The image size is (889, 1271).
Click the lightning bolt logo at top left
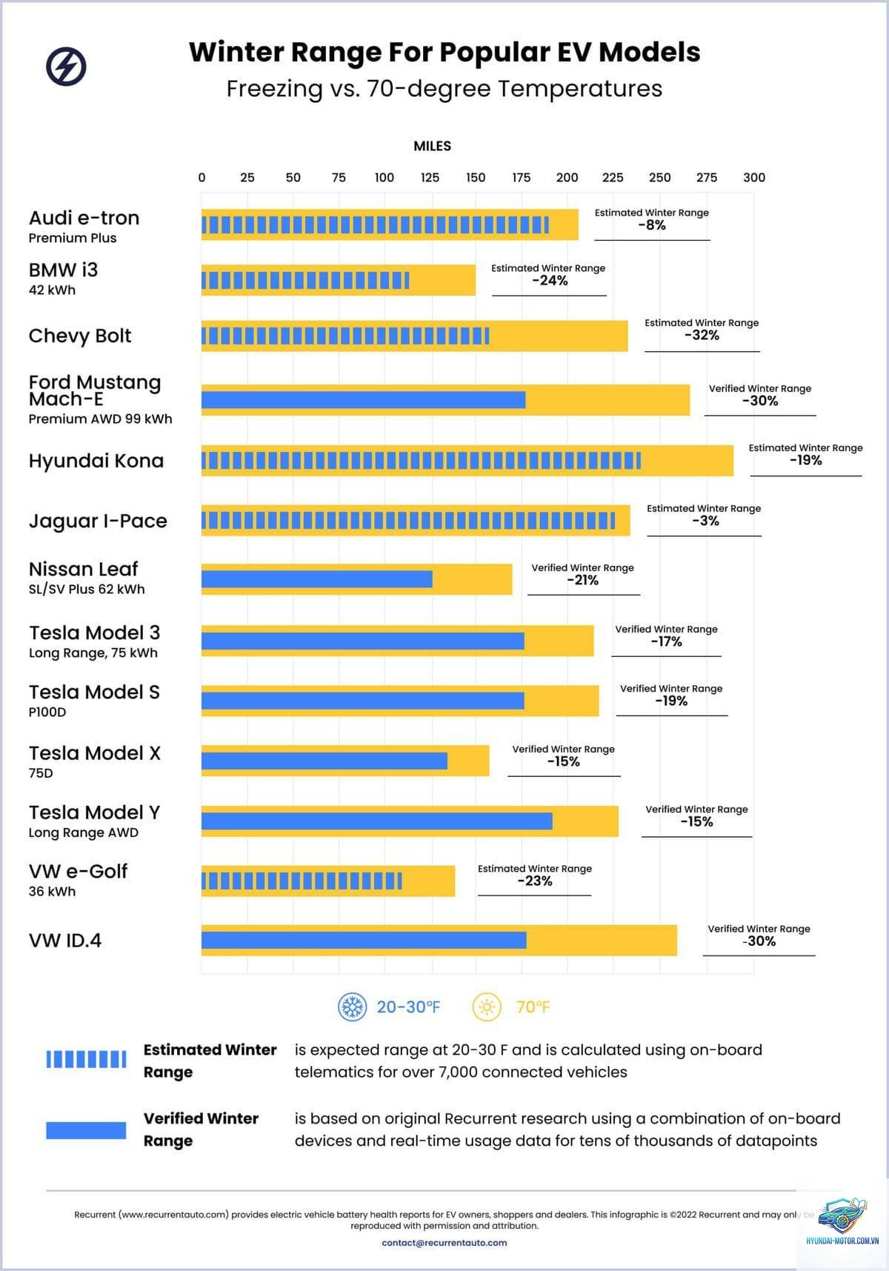[x=66, y=67]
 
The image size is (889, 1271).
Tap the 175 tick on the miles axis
[x=522, y=178]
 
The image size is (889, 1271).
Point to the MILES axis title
[x=433, y=147]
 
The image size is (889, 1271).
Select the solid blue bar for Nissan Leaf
[x=317, y=579]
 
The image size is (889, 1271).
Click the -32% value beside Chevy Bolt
[x=702, y=336]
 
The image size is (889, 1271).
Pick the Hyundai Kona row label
[x=96, y=461]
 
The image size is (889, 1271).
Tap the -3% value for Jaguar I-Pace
[x=705, y=521]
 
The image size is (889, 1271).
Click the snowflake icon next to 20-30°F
[x=353, y=1007]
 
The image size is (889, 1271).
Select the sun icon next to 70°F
[x=487, y=1007]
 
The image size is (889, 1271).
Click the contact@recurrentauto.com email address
[x=444, y=1243]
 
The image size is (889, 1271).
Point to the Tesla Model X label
[x=95, y=753]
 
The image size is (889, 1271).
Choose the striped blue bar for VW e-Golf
[x=302, y=881]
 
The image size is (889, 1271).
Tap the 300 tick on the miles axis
[x=754, y=178]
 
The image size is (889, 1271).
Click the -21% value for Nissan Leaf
[x=583, y=581]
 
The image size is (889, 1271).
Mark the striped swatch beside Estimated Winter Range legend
[x=86, y=1060]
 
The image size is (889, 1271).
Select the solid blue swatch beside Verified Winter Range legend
[x=86, y=1130]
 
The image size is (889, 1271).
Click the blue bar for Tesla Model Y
[x=377, y=821]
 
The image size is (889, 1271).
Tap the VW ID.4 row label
[x=65, y=941]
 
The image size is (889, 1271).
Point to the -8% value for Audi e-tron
[x=652, y=226]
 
